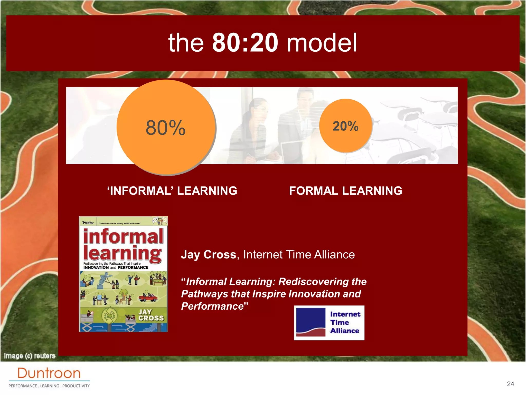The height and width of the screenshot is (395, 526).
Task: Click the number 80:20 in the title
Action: [245, 42]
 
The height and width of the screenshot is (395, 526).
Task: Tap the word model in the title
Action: [322, 42]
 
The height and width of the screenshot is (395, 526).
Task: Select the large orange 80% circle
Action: [166, 128]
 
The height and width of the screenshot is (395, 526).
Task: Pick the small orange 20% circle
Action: [345, 126]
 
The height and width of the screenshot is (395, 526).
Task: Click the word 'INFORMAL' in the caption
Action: [140, 191]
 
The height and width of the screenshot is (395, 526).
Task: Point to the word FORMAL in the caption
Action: [313, 191]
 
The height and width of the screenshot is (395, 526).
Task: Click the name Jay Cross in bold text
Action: [208, 255]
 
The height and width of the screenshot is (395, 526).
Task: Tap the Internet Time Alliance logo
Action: [329, 323]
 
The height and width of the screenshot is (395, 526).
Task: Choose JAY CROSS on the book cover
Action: [151, 315]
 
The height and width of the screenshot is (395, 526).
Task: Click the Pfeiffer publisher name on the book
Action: [88, 223]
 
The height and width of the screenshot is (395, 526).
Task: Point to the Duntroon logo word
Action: [49, 373]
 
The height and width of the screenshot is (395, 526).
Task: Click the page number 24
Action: [510, 384]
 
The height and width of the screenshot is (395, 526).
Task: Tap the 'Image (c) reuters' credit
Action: [30, 356]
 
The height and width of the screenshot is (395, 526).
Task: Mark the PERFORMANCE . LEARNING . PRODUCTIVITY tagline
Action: [49, 386]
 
